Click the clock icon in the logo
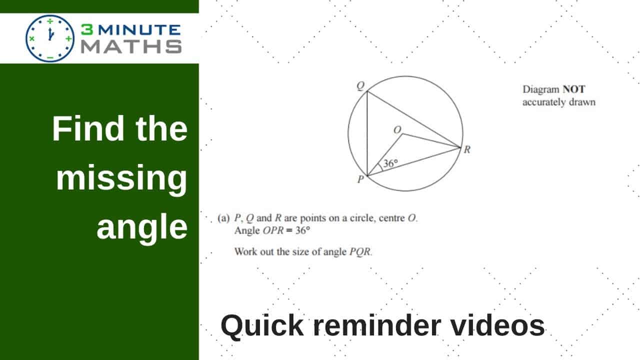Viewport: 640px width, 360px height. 50,38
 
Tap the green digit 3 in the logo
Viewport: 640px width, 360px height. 87,29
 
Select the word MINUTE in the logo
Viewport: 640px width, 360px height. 139,29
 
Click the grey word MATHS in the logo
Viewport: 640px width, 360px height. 131,46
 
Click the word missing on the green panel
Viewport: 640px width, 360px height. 121,178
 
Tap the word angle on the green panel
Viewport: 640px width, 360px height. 142,227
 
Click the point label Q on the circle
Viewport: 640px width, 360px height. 361,85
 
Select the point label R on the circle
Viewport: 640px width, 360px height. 467,149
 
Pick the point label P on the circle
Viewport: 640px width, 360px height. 361,179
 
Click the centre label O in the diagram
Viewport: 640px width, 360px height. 397,129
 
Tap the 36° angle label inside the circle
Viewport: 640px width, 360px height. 390,163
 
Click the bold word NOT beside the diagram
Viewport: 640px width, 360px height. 574,89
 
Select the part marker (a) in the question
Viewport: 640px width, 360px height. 223,218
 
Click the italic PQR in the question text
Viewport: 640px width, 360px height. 360,251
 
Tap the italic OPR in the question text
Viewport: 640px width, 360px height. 273,230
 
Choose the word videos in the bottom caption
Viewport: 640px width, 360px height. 497,325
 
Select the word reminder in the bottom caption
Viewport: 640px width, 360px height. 377,325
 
